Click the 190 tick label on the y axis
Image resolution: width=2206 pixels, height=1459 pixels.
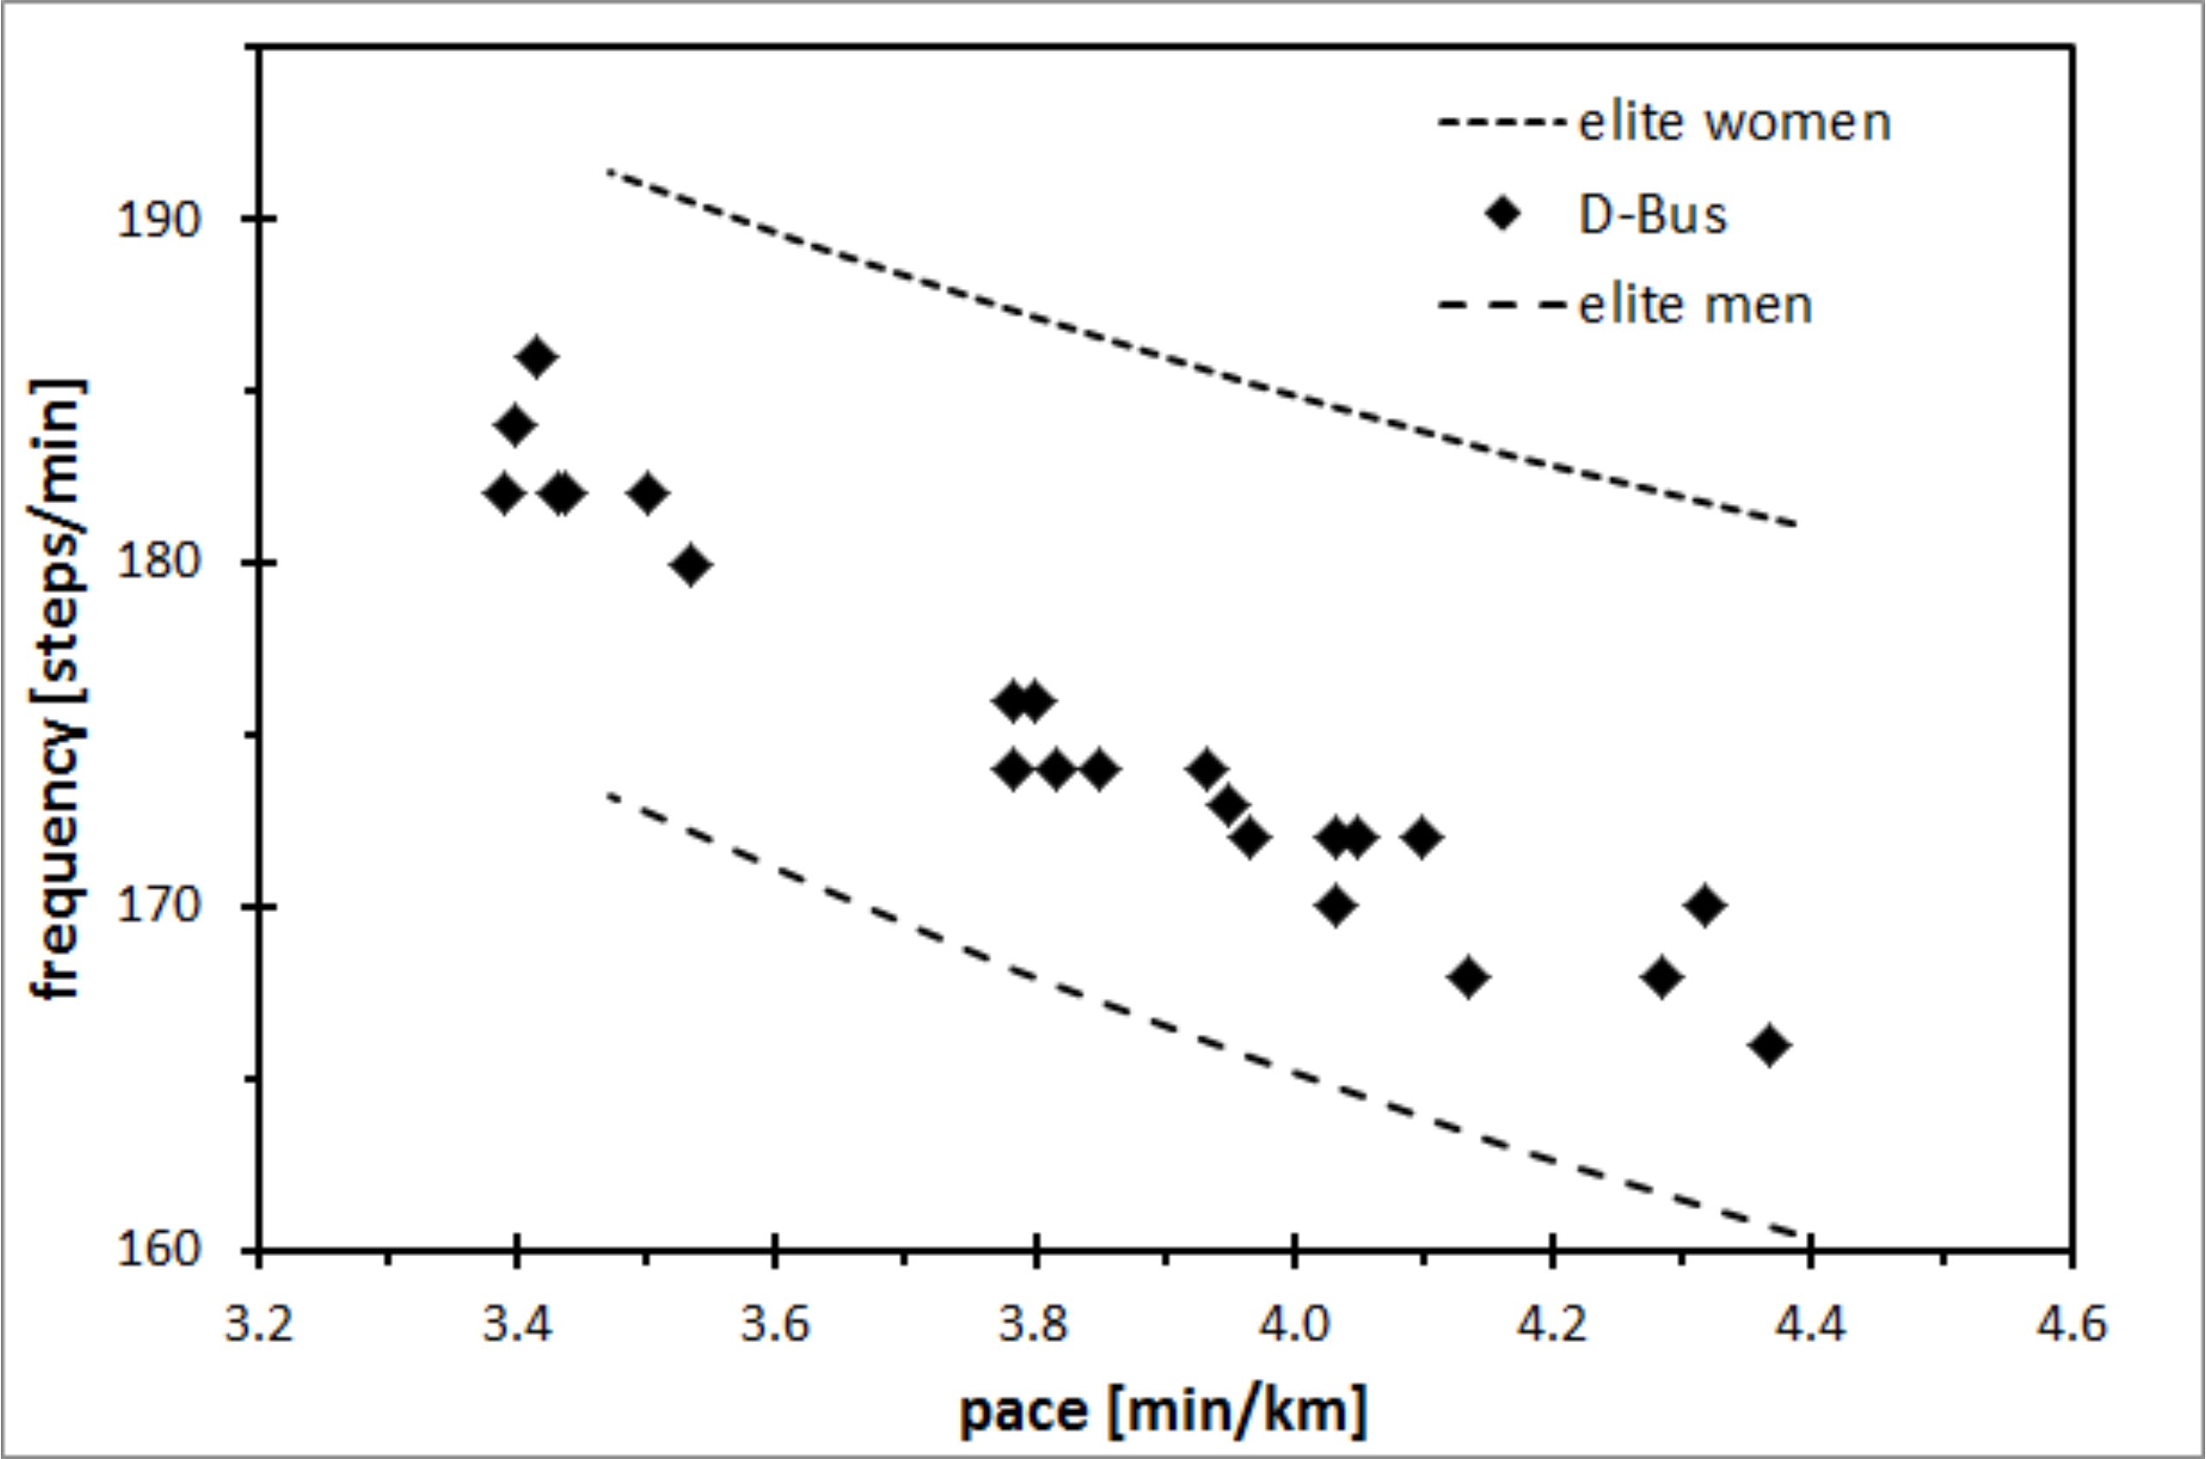pyautogui.click(x=159, y=221)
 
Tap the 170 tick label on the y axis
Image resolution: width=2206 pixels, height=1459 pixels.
pyautogui.click(x=159, y=908)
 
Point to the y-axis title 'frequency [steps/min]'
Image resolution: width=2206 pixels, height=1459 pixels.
pyautogui.click(x=58, y=688)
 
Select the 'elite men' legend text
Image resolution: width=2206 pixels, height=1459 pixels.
pyautogui.click(x=1695, y=305)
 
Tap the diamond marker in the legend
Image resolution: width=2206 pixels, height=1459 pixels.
pyautogui.click(x=1502, y=215)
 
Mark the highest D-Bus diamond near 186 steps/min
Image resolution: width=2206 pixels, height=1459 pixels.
pyautogui.click(x=537, y=357)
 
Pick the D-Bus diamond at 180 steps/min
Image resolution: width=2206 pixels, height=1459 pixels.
pyautogui.click(x=690, y=565)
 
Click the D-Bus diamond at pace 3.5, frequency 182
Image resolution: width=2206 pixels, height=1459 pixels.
pyautogui.click(x=648, y=494)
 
